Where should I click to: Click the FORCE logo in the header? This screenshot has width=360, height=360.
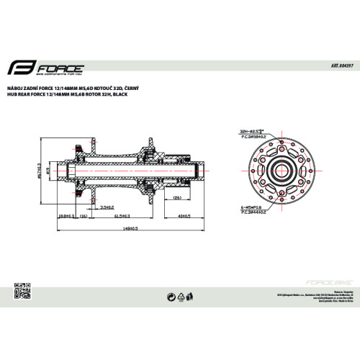click(x=48, y=70)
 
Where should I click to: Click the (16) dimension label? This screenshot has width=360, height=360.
click(x=83, y=215)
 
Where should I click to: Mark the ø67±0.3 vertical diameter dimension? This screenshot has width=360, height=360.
click(x=37, y=171)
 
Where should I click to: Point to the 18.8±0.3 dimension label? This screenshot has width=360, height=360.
click(x=64, y=215)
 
